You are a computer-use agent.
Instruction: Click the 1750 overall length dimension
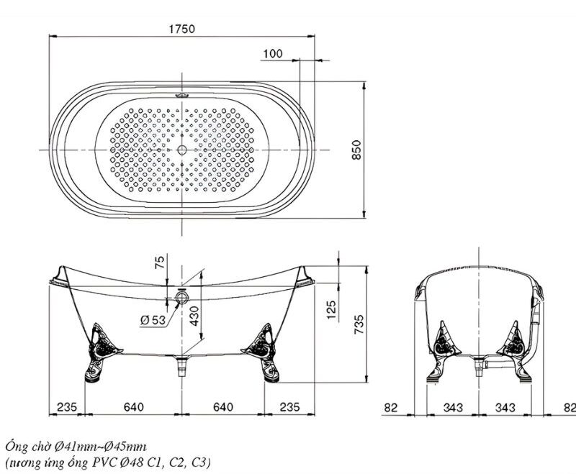(182, 29)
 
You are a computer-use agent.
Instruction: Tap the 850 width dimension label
(356, 150)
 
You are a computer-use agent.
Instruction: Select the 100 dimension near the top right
(273, 53)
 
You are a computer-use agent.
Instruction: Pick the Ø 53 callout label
(153, 320)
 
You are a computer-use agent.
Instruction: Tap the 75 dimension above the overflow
(160, 263)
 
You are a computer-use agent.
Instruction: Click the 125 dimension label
(331, 310)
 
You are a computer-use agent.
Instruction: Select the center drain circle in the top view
(182, 150)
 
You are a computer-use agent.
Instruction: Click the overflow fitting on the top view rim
(182, 96)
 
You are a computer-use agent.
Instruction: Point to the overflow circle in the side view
(182, 296)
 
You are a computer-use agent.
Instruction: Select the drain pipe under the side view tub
(182, 366)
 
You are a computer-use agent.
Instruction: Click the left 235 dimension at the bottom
(67, 407)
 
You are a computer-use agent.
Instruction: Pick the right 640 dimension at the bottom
(223, 407)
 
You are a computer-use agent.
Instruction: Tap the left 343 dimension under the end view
(453, 407)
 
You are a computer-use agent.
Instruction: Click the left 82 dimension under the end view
(391, 408)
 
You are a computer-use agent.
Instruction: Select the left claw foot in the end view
(443, 352)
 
